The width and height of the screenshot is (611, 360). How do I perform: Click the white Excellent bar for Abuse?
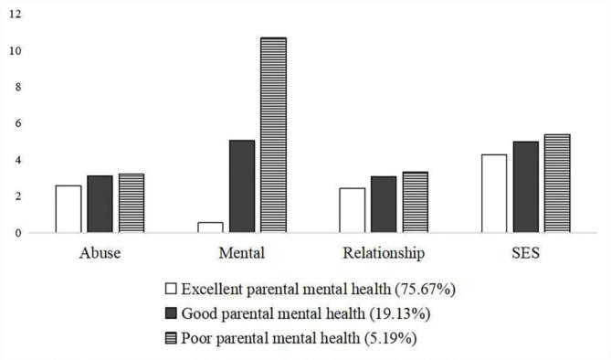[68, 209]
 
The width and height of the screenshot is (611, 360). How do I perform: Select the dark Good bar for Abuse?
[100, 204]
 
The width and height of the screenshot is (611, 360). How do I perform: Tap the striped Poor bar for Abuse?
[132, 203]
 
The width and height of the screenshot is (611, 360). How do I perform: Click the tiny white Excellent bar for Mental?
[210, 228]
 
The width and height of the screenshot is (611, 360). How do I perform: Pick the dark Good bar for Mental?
[242, 186]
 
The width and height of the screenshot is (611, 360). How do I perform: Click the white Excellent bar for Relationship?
[352, 210]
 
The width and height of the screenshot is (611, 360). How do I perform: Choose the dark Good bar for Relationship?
[384, 205]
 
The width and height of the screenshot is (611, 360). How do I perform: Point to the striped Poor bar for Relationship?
[415, 202]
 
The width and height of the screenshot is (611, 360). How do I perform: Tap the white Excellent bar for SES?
[494, 194]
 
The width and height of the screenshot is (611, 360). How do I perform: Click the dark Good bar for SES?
[525, 187]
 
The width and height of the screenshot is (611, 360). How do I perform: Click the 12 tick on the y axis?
[16, 14]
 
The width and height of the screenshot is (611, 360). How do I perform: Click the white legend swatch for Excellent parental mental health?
[172, 289]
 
